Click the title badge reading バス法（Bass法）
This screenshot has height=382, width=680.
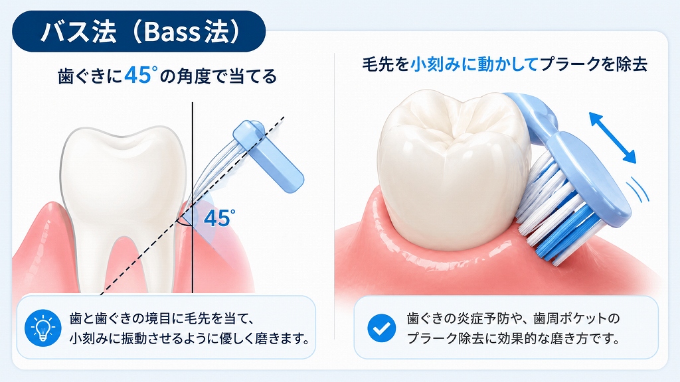[x=138, y=31]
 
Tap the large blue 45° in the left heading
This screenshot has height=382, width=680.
[x=138, y=76]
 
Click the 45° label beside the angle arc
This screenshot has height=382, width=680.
[x=219, y=218]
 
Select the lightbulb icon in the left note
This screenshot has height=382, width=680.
[x=43, y=328]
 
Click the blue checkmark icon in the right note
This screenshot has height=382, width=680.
[x=382, y=328]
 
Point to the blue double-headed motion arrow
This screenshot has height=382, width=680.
[x=612, y=137]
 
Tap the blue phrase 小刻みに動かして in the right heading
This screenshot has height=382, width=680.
[x=474, y=64]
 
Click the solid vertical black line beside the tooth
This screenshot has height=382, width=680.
[x=193, y=198]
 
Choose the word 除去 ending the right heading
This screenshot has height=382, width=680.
[x=632, y=64]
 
